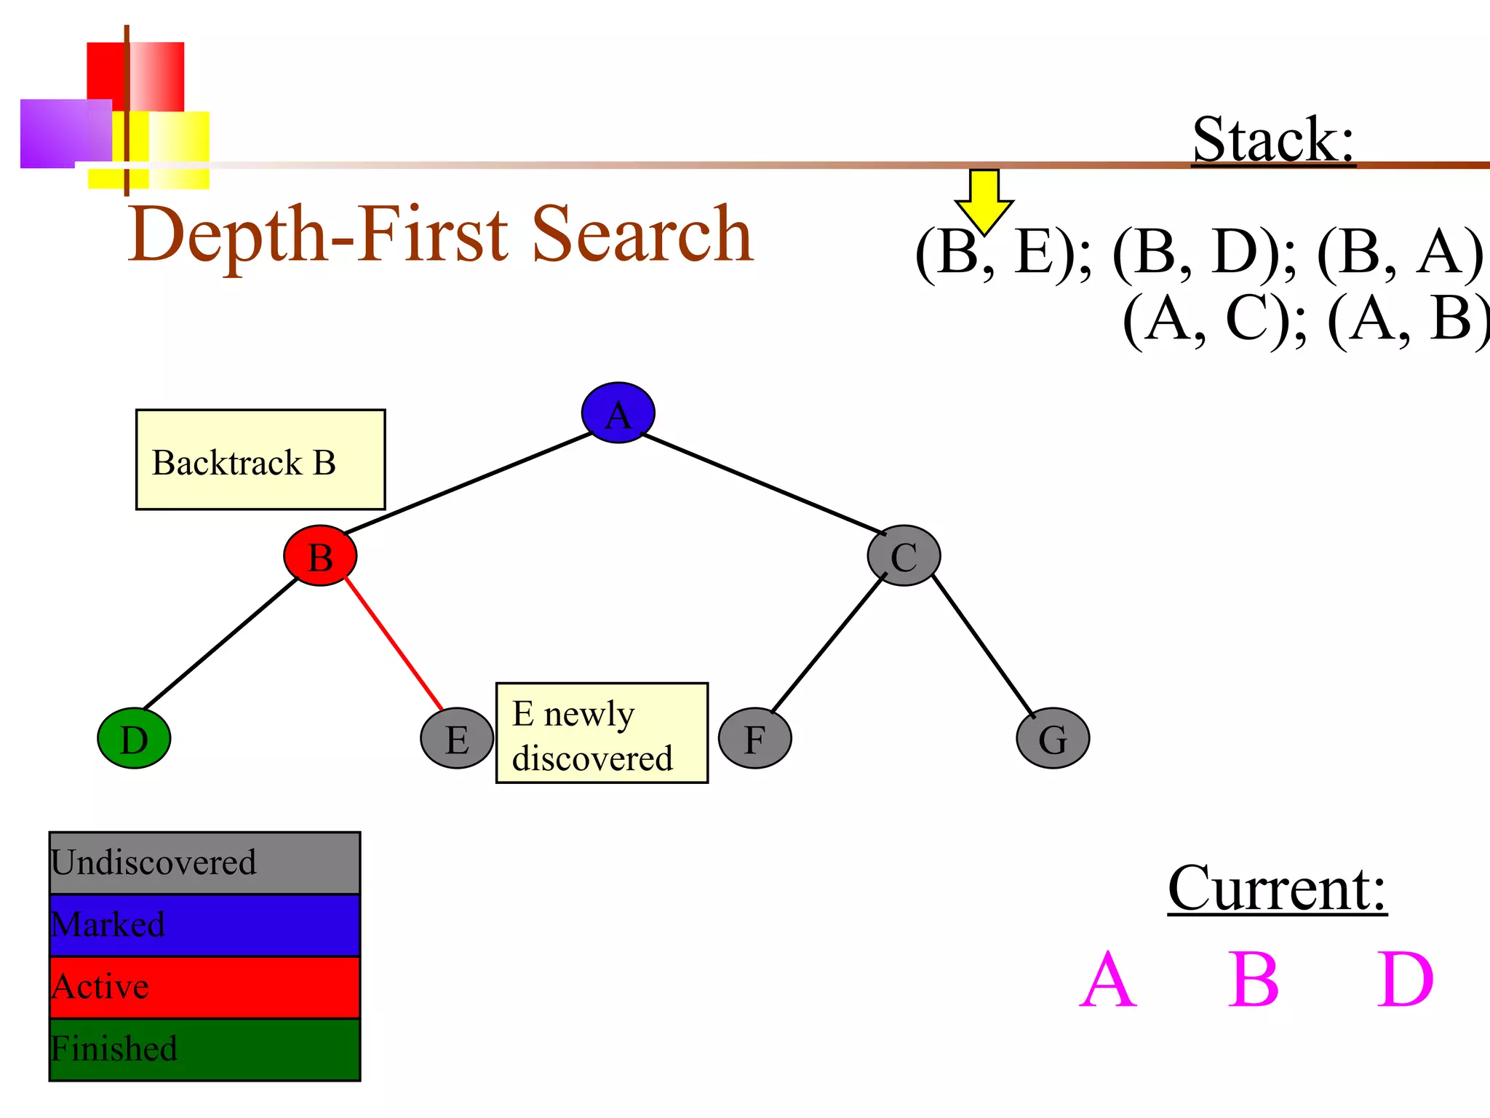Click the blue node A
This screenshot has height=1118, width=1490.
point(618,413)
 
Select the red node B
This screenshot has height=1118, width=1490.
point(320,556)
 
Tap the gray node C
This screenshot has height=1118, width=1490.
point(904,556)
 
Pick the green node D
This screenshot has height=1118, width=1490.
point(134,738)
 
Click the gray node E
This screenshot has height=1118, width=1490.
point(457,738)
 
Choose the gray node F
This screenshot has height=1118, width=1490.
point(754,738)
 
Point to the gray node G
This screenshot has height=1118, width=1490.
point(1053,738)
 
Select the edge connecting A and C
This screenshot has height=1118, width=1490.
point(764,485)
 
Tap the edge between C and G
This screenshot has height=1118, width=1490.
point(982,645)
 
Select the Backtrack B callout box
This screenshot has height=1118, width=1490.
point(260,460)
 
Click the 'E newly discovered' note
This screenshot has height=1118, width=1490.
point(602,733)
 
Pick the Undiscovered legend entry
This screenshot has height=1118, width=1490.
point(204,863)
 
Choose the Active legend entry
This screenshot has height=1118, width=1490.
point(204,987)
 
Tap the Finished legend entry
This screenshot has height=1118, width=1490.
point(204,1050)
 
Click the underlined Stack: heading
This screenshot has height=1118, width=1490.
point(1273,140)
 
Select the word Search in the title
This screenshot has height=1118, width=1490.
point(643,234)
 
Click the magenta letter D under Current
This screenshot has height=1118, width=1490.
point(1405,980)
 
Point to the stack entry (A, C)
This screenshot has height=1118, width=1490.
point(1213,319)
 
